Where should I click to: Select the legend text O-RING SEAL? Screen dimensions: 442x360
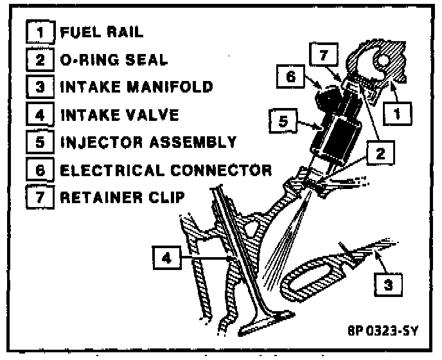point(114,59)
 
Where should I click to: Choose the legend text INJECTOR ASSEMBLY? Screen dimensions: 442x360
point(148,142)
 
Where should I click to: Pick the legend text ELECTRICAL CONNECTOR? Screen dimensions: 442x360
point(165,170)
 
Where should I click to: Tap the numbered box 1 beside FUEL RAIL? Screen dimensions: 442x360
point(39,32)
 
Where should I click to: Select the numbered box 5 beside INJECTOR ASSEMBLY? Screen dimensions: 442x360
point(39,142)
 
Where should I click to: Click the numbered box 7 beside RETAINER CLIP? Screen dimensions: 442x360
point(39,197)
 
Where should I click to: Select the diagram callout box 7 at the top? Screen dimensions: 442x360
point(324,55)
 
